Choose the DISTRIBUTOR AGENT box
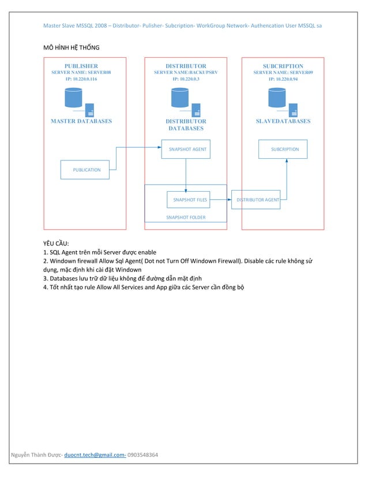256,200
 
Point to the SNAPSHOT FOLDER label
186,217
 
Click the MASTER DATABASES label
81,121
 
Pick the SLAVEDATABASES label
283,121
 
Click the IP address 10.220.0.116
81,79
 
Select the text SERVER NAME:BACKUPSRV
186,72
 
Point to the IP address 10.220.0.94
283,79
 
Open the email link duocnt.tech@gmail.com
95,455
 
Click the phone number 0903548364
142,455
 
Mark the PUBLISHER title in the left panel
81,66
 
